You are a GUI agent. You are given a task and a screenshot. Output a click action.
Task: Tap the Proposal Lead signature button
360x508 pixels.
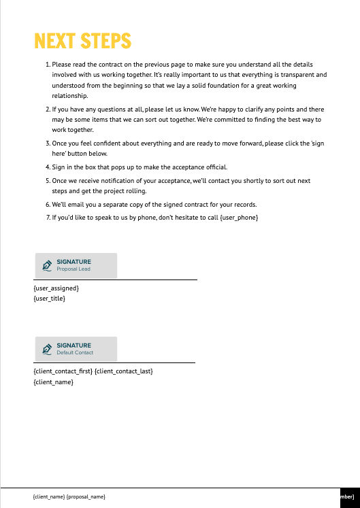pyautogui.click(x=76, y=265)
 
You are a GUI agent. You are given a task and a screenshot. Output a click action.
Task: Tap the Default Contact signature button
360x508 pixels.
pyautogui.click(x=76, y=349)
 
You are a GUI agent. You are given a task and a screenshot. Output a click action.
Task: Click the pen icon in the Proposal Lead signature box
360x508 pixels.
pyautogui.click(x=47, y=266)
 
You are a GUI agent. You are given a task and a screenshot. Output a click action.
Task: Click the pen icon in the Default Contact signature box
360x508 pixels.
pyautogui.click(x=47, y=350)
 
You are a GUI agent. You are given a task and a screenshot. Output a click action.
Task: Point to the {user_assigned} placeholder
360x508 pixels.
pyautogui.click(x=56, y=288)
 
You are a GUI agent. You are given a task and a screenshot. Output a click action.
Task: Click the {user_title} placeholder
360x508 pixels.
pyautogui.click(x=49, y=298)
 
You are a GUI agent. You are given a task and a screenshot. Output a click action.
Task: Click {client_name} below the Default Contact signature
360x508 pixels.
pyautogui.click(x=53, y=382)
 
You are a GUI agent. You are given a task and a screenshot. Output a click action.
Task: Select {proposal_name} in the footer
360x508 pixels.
pyautogui.click(x=86, y=497)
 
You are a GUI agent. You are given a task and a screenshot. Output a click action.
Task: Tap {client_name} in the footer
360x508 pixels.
pyautogui.click(x=48, y=497)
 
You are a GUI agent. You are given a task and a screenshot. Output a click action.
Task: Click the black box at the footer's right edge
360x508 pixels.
pyautogui.click(x=349, y=497)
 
